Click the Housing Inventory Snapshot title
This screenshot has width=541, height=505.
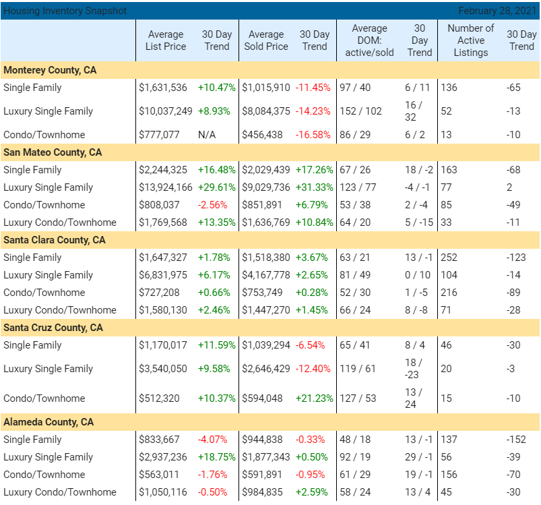pos(65,11)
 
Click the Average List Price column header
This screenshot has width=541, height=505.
pos(165,40)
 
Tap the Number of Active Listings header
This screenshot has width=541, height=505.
pos(470,40)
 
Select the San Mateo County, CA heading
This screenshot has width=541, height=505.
pos(53,152)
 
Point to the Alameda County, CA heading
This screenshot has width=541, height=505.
pos(49,422)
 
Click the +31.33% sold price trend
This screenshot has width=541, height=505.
pos(314,187)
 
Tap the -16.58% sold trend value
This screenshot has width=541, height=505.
pos(313,135)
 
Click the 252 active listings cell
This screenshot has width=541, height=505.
pos(449,258)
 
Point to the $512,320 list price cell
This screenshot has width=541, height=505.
pos(159,398)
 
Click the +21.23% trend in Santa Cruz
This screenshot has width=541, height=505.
pos(314,398)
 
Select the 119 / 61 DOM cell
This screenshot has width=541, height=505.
pos(358,369)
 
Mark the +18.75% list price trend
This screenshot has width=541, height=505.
pos(216,457)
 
